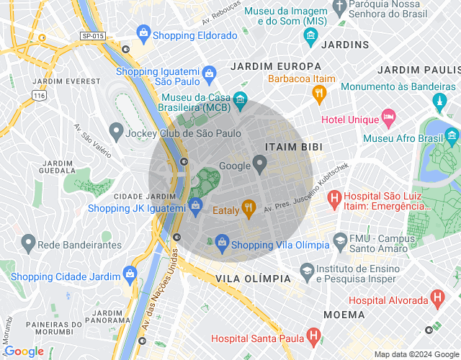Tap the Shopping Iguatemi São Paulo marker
click(209, 73)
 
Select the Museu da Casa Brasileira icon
click(241, 98)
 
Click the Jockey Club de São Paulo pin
click(115, 132)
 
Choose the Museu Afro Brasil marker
click(452, 135)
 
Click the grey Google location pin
click(261, 165)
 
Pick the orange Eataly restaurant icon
click(249, 209)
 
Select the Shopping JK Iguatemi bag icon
click(195, 206)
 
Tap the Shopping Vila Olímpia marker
click(223, 243)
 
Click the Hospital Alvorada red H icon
click(437, 297)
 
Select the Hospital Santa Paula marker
click(313, 336)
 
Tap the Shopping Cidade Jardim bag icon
click(130, 274)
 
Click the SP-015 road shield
click(91, 35)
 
